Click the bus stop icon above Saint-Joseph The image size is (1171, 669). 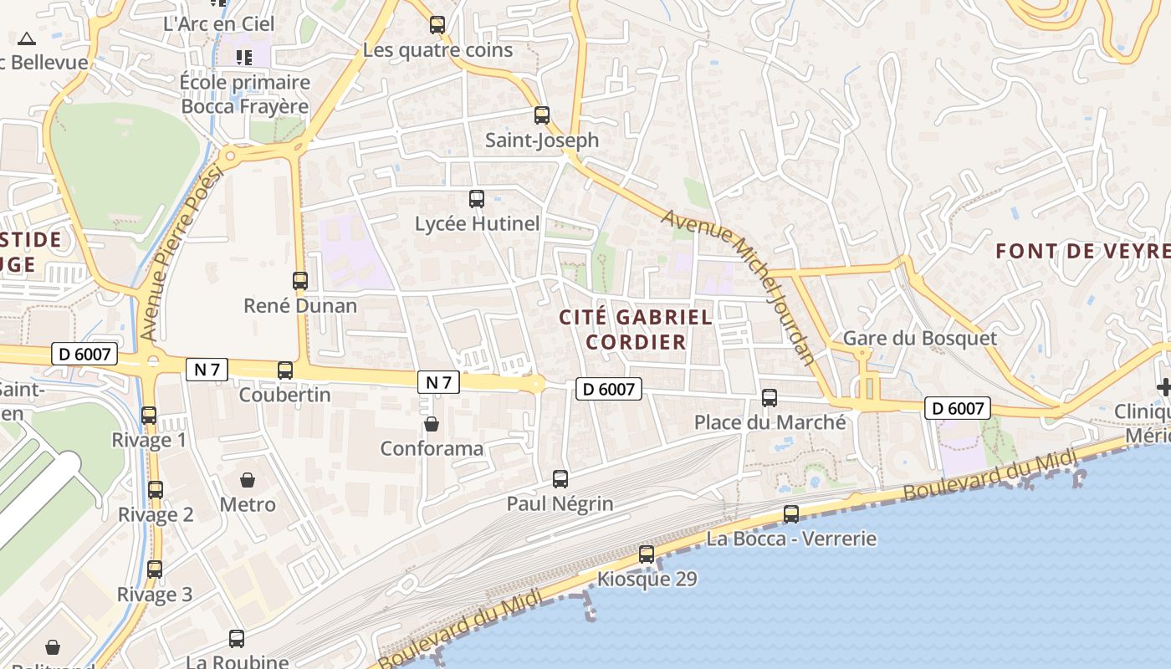pyautogui.click(x=542, y=115)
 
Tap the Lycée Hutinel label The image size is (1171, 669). pyautogui.click(x=477, y=224)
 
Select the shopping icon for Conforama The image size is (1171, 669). pyautogui.click(x=432, y=424)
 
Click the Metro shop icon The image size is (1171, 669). pyautogui.click(x=248, y=480)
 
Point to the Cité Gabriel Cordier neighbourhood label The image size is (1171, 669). pyautogui.click(x=636, y=329)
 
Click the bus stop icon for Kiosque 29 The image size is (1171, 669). pyautogui.click(x=647, y=554)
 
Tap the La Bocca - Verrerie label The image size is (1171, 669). pyautogui.click(x=791, y=539)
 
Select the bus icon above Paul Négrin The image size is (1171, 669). pyautogui.click(x=560, y=479)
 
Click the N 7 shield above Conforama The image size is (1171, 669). pyautogui.click(x=438, y=383)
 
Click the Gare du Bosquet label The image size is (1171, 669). pyautogui.click(x=920, y=338)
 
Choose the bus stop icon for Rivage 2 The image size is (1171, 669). pyautogui.click(x=156, y=490)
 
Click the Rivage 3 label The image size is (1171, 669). pyautogui.click(x=154, y=595)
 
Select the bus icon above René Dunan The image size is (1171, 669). pyautogui.click(x=300, y=281)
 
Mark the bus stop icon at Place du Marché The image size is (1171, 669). pyautogui.click(x=770, y=398)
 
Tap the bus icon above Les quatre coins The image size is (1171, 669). pyautogui.click(x=437, y=25)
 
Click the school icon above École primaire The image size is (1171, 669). pyautogui.click(x=244, y=58)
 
